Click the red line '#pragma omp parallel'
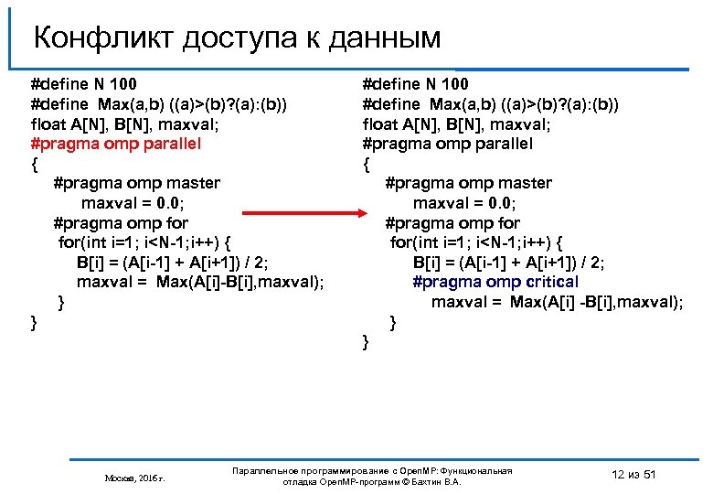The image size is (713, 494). point(115,145)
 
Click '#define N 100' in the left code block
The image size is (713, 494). point(83,85)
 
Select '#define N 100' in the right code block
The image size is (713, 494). point(415,85)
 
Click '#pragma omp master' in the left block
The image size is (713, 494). point(136,184)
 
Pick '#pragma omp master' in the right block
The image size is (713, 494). point(469,184)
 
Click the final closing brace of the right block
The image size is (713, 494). point(367,342)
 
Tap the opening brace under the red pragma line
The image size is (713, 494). point(35,165)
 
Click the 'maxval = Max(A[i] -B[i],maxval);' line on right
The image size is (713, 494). point(557,302)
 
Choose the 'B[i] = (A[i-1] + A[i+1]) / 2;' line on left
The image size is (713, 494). point(173,263)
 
